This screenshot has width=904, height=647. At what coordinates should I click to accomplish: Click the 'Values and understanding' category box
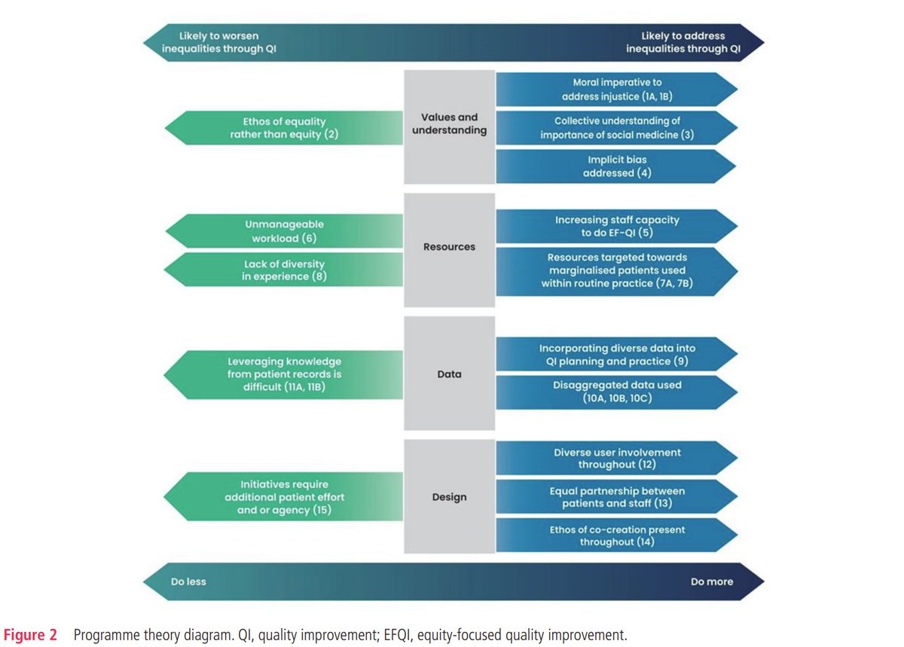click(450, 124)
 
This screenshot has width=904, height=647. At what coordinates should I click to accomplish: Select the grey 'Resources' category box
click(450, 246)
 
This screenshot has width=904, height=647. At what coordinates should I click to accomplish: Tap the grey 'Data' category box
click(450, 374)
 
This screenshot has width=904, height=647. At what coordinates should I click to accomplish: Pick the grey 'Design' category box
click(450, 497)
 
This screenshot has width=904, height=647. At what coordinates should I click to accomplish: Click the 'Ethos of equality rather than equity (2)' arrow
click(279, 128)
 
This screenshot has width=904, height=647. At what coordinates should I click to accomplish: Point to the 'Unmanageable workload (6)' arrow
click(279, 230)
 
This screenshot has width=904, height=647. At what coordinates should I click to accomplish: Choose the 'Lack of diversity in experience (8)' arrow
click(279, 270)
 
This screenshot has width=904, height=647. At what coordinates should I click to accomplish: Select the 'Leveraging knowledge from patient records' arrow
click(279, 374)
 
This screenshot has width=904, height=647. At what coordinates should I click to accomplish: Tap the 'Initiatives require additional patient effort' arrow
click(279, 497)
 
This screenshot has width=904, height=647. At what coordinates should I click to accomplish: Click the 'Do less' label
click(188, 581)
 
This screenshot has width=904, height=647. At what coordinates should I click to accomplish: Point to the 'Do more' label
click(711, 581)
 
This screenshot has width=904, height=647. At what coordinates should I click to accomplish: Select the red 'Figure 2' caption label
click(33, 634)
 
